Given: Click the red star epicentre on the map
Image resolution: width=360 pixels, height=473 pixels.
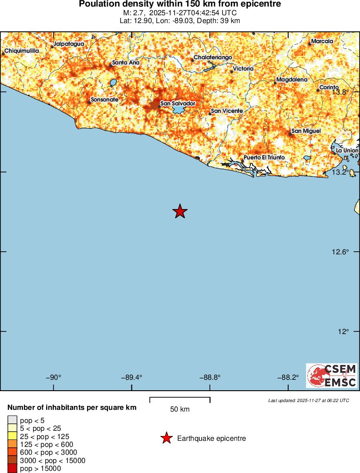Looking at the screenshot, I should (x=180, y=212).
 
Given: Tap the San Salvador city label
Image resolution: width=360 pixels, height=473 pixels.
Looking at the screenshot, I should (x=177, y=103).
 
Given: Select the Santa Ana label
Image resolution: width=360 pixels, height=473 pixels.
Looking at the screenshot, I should (x=125, y=63).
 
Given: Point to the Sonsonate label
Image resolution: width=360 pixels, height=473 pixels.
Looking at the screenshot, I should (x=104, y=100).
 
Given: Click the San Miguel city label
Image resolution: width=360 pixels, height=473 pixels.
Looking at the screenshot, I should (x=306, y=131).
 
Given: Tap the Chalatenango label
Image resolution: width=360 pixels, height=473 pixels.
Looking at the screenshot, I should (x=213, y=57).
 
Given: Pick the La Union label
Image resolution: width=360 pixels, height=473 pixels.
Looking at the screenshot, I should (x=347, y=150).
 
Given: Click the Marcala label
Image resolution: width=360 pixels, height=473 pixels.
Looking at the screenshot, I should (x=323, y=41).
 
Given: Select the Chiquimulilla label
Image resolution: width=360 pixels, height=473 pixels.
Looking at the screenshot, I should (x=22, y=51).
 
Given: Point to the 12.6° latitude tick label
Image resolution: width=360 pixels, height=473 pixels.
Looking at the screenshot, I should (x=341, y=252).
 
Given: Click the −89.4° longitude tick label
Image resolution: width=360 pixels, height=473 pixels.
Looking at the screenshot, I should (x=131, y=378).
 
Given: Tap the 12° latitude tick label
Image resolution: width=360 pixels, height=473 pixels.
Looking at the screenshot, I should (x=344, y=331).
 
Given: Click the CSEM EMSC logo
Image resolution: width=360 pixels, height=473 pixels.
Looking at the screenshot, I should (x=332, y=376).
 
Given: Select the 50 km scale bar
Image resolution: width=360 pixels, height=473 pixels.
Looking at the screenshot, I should (x=180, y=398).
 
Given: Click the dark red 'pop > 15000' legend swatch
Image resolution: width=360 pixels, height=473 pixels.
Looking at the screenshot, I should (x=12, y=469).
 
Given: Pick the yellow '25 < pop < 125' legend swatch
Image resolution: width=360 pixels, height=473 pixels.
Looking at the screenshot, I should (x=12, y=436).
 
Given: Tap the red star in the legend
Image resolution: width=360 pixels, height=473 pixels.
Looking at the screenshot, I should (x=166, y=439).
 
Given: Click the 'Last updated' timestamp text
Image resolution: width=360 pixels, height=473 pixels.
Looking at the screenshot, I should (x=308, y=400).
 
